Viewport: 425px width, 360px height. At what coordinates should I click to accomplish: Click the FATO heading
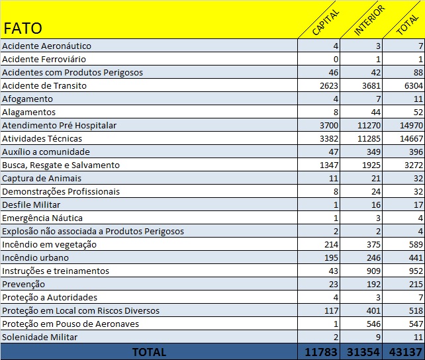(23, 28)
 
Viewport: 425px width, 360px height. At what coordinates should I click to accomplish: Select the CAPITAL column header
(326, 22)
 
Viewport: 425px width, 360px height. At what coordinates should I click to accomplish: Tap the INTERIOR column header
(369, 21)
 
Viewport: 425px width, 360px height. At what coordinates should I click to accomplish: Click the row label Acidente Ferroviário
(44, 59)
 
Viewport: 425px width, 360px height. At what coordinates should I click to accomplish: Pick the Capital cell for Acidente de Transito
(329, 85)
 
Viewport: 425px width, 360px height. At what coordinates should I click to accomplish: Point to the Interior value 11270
(369, 126)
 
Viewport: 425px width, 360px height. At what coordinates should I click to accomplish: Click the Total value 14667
(412, 139)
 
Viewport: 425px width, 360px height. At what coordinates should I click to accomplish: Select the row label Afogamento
(27, 99)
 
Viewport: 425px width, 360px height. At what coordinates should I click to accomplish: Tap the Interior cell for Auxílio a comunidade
(374, 152)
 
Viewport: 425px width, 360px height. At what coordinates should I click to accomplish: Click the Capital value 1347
(329, 165)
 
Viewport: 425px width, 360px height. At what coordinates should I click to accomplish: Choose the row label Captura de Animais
(42, 179)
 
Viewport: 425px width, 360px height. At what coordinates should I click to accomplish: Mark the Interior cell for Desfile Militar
(376, 204)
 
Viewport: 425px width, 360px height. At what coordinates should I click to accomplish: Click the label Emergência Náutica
(42, 218)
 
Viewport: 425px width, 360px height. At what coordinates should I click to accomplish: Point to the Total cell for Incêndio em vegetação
(416, 245)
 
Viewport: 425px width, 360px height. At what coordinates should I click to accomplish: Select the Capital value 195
(331, 258)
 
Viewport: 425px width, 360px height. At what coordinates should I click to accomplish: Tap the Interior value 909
(374, 271)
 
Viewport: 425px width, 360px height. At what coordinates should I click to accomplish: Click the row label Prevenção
(24, 285)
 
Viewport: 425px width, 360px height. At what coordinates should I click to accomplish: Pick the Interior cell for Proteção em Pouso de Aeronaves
(374, 324)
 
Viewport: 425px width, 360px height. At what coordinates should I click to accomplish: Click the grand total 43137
(406, 352)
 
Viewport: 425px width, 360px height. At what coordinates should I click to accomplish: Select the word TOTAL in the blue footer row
(150, 352)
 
